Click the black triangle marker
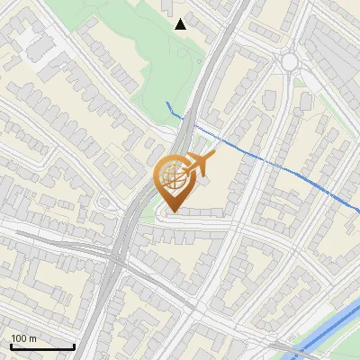(181, 24)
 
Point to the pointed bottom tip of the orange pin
(171, 212)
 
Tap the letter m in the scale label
(33, 339)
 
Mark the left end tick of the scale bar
(11, 346)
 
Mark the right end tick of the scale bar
(74, 346)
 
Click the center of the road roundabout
(290, 62)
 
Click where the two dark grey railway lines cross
(118, 258)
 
